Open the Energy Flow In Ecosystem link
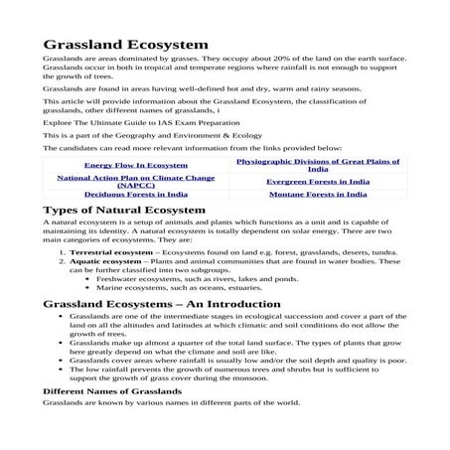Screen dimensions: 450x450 coord(135,164)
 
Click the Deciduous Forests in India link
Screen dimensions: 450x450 coord(135,195)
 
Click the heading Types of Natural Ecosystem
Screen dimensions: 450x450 coord(124,211)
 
